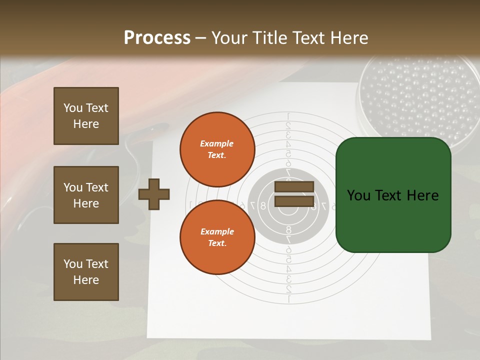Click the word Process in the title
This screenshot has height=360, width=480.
point(157,38)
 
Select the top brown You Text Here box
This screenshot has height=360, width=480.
point(86,116)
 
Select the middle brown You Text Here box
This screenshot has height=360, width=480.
point(86,195)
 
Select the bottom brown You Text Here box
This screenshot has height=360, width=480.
point(86,271)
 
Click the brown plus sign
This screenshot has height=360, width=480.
point(154,194)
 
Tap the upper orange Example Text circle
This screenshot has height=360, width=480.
point(217,149)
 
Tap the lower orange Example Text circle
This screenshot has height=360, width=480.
point(217,237)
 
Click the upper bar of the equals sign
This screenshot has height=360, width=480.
point(294,187)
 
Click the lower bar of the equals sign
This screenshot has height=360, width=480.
point(294,201)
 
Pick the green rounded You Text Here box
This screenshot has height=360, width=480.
point(393,195)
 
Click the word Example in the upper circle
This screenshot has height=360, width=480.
point(217,143)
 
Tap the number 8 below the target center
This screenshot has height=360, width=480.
point(288,230)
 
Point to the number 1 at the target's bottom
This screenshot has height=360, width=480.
point(288,299)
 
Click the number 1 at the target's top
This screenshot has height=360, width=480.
point(288,117)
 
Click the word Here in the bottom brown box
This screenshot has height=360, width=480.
point(86,280)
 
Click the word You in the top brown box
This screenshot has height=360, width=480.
point(72,108)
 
